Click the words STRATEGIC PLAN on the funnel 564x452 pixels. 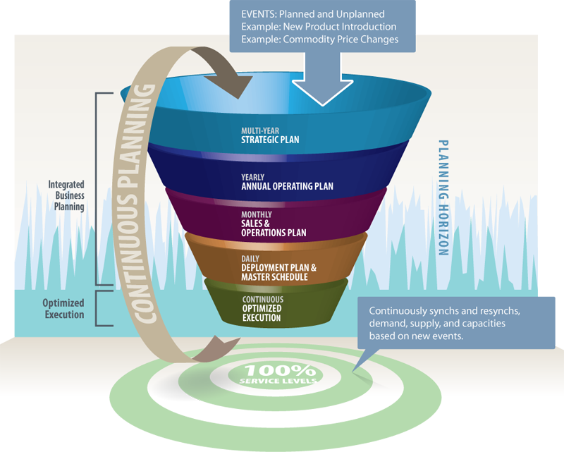[270, 140]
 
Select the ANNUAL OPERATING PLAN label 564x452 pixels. [287, 187]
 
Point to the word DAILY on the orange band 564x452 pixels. [250, 259]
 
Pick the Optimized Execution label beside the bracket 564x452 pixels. [65, 309]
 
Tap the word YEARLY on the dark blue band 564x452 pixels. [252, 178]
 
